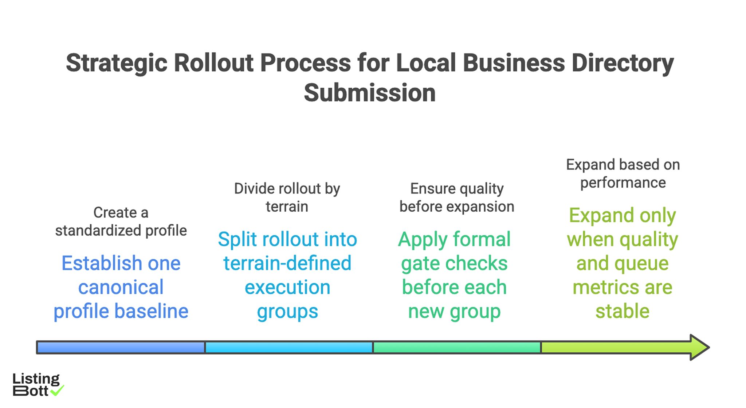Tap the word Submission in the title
click(369, 93)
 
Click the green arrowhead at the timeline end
click(699, 347)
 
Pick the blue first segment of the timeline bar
click(121, 348)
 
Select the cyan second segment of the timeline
click(288, 348)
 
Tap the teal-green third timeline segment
click(456, 348)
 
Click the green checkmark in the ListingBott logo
click(57, 391)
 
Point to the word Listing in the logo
click(36, 379)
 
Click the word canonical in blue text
click(121, 287)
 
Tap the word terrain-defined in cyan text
click(287, 263)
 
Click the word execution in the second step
click(287, 287)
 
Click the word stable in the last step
click(622, 311)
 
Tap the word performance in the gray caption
click(623, 183)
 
